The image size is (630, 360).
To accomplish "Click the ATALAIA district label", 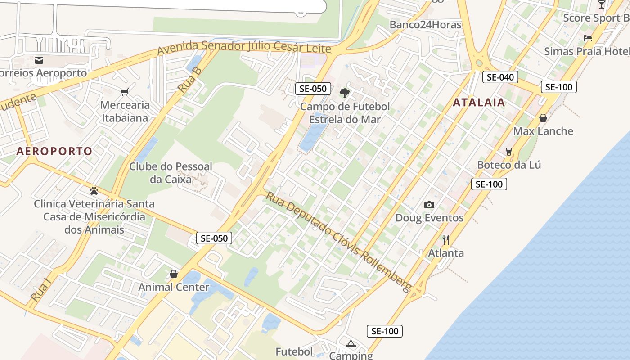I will pos(479,103).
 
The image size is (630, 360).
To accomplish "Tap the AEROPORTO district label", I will pos(54,151).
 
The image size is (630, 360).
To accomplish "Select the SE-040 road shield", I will pos(500,77).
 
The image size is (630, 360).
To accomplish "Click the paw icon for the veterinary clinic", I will pos(94,191).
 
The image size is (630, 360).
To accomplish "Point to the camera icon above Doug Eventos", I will pos(429,205).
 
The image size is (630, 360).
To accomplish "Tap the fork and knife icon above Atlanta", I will pos(446,239).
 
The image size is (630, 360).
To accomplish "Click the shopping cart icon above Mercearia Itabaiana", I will pos(125,92).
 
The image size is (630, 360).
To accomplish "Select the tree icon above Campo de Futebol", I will pos(345,93).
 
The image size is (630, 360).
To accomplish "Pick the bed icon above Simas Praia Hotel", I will pos(588,38).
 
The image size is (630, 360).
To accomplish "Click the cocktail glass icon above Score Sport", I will pos(602,4).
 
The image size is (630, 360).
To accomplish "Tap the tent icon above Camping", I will pos(351,344).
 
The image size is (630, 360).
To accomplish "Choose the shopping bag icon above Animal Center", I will pos(174,274).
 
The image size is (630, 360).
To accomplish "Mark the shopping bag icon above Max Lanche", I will pos(543,118).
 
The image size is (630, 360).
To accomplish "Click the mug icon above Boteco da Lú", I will pos(509,152).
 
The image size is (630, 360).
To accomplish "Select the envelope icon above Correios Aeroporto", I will pos(39,60).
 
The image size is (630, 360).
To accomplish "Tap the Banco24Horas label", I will pos(425,24).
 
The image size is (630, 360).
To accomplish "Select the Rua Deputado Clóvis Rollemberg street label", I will pos(338,242).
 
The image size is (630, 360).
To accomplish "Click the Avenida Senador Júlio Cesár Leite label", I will pos(244,47).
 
